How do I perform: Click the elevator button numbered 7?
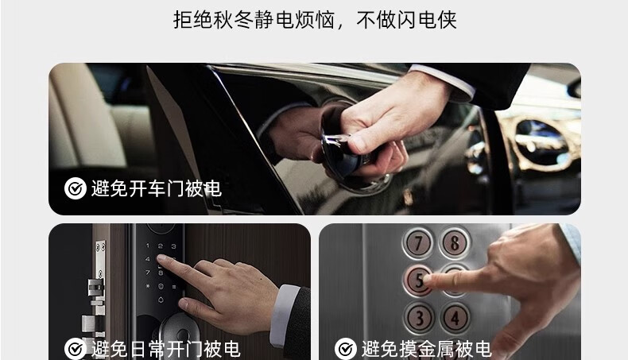click(417, 242)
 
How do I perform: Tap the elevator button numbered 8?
click(454, 242)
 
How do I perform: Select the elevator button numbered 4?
click(455, 318)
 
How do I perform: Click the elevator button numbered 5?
click(418, 281)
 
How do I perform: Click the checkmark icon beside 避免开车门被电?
click(76, 188)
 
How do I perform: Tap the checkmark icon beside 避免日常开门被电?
click(76, 349)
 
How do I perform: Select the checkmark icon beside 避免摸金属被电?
click(346, 349)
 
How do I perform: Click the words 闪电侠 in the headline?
click(426, 20)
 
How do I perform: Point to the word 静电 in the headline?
click(274, 20)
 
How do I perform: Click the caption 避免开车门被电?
click(157, 188)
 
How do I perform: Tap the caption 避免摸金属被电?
click(427, 349)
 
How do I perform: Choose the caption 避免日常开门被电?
click(166, 349)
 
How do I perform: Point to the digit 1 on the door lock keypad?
click(147, 246)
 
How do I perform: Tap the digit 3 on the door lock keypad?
click(173, 246)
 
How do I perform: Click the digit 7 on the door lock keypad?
click(147, 273)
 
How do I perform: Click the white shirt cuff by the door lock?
click(284, 315)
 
